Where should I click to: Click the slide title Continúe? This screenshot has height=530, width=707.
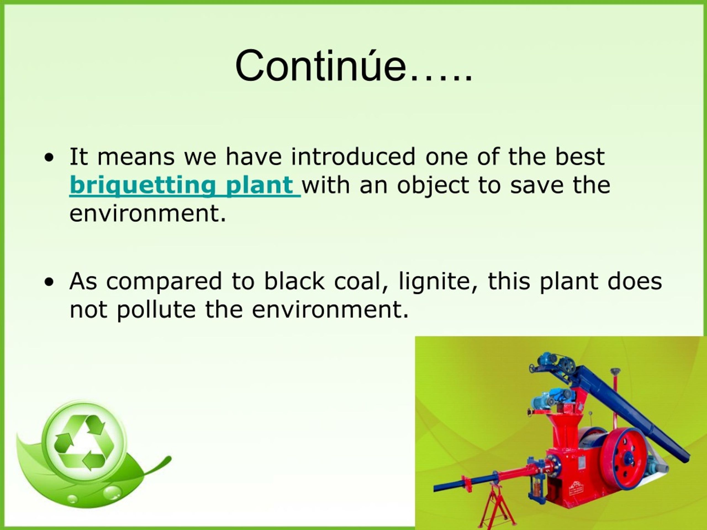[x=353, y=66]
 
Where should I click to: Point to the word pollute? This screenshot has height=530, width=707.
[x=156, y=310]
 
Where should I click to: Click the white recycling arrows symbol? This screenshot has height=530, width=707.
[x=84, y=442]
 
